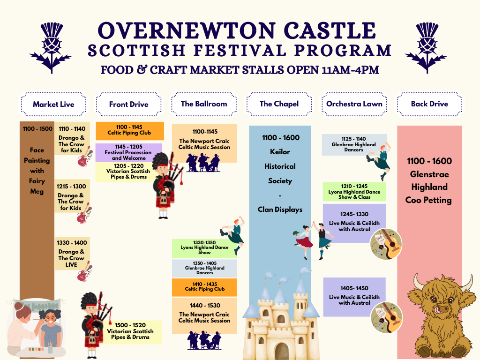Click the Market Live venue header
53,104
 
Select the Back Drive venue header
429,104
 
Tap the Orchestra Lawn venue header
354,104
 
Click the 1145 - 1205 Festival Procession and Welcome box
128,152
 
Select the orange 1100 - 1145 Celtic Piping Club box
129,130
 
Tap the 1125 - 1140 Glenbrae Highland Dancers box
354,144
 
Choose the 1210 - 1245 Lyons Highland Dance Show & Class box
354,192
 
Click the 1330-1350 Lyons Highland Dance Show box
204,247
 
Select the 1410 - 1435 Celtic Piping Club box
204,287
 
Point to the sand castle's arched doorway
281,351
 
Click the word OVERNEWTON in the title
181,30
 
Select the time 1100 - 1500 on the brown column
37,129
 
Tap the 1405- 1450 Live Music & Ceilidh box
354,297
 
